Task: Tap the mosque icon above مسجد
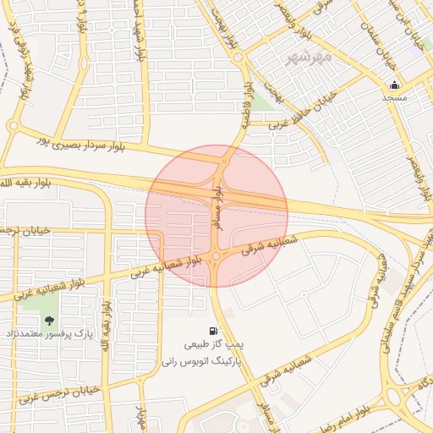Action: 394,85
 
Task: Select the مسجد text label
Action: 394,98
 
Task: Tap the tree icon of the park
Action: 48,321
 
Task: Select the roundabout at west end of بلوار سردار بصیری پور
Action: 13,126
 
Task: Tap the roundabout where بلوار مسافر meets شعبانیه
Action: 216,256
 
